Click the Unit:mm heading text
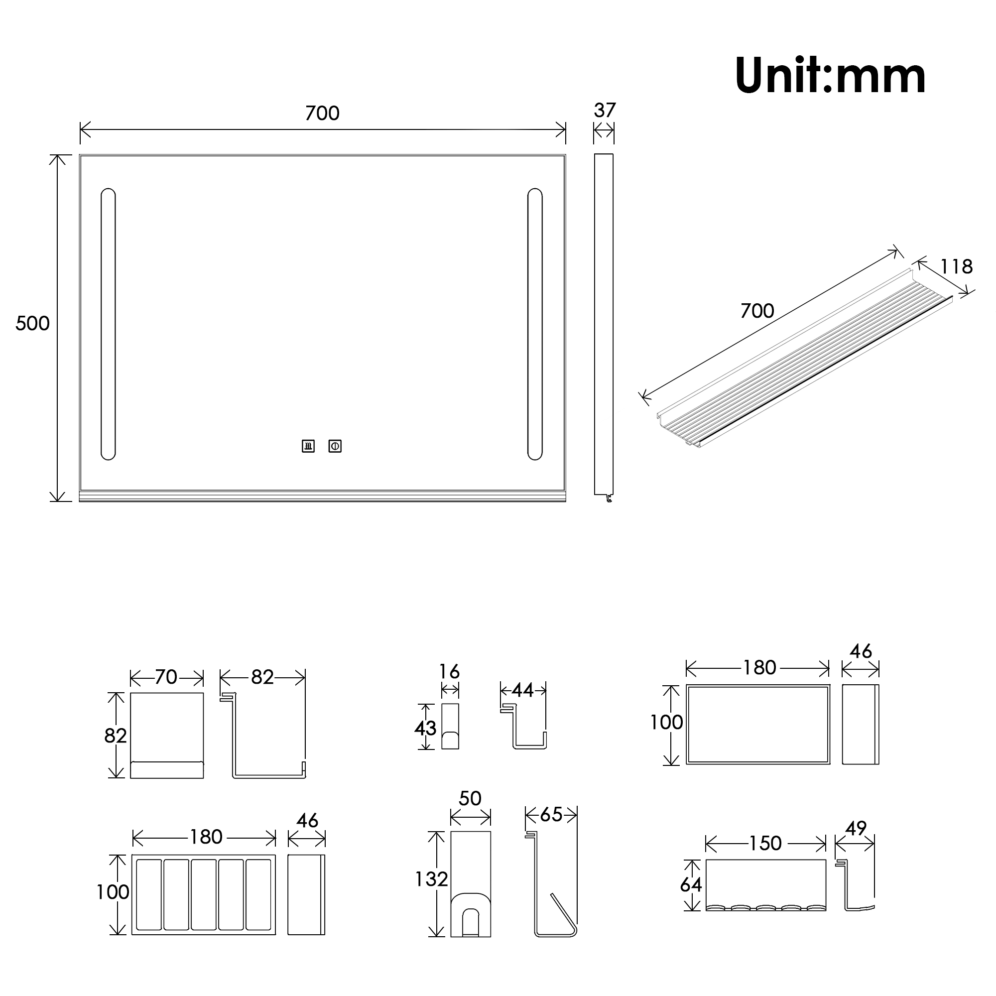(x=830, y=76)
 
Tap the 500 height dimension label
(x=32, y=323)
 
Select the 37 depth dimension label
(x=605, y=111)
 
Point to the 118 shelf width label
(x=956, y=266)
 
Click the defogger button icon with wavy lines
(x=308, y=446)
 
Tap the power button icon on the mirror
(x=335, y=446)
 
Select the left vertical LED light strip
(x=108, y=324)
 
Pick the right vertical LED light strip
(x=535, y=324)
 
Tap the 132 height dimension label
(x=431, y=879)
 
